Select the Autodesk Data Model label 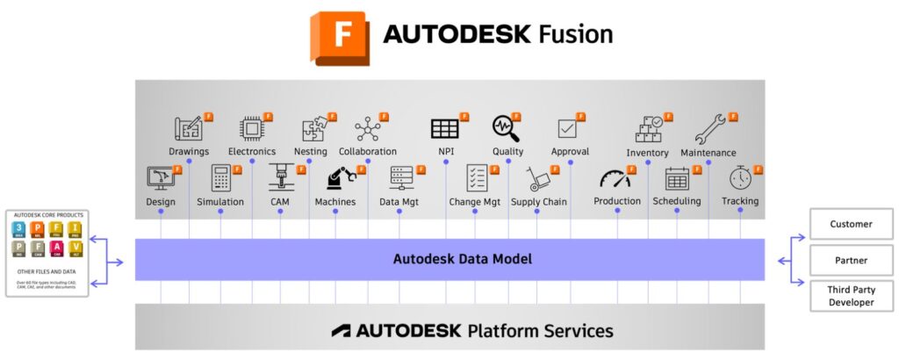coord(449,259)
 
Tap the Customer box coord(851,224)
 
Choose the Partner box coord(851,260)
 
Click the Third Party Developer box coord(851,296)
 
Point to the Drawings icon coord(188,129)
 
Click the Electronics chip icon coord(251,129)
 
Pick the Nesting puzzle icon coord(311,129)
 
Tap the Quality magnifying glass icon coord(506,128)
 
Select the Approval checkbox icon coord(568,128)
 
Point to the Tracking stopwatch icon coord(740,178)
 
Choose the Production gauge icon coord(615,179)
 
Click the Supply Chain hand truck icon coord(537,179)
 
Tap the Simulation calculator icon coord(220,178)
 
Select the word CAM coord(280,202)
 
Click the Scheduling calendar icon coord(677,178)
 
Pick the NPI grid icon coord(444,129)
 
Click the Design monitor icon coord(160,179)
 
